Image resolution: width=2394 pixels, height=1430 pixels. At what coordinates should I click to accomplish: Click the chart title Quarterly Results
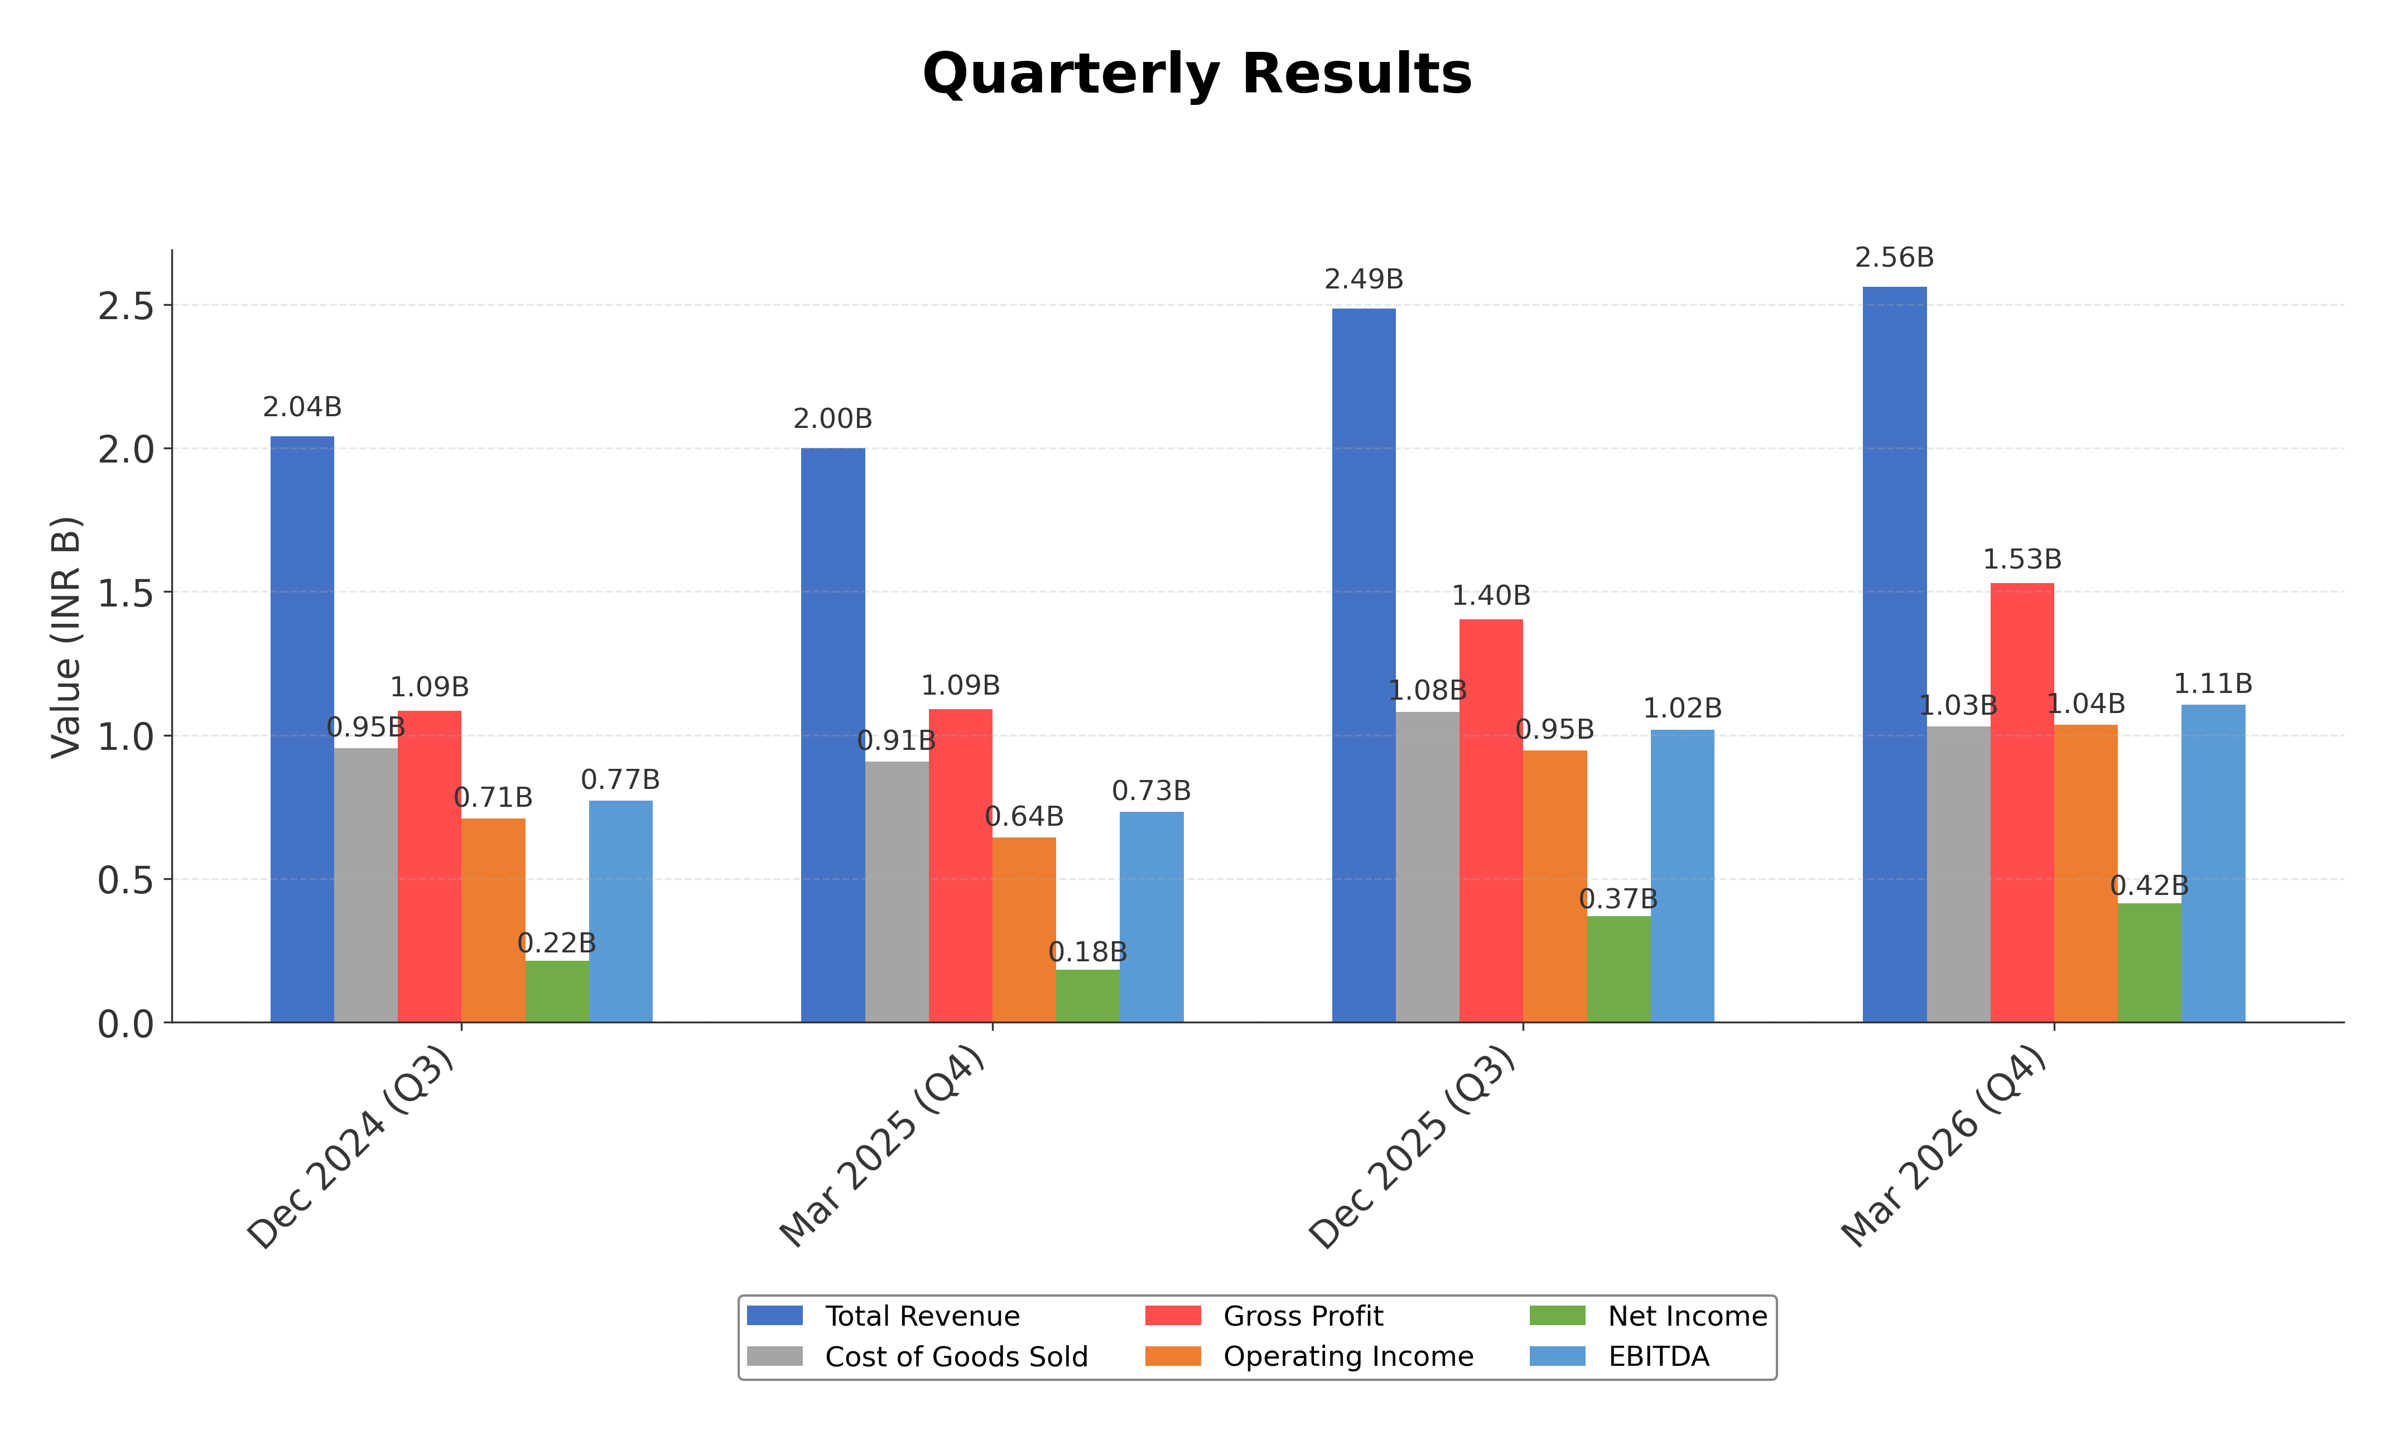coord(1197,74)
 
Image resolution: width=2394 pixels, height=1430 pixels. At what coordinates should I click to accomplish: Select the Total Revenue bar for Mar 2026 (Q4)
coord(1894,655)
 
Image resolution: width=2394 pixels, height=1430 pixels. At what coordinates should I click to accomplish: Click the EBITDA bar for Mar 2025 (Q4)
coord(1151,916)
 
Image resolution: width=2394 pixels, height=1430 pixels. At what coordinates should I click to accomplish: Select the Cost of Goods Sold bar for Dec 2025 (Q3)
coord(1427,867)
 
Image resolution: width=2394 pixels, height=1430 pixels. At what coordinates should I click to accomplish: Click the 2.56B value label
coord(1894,258)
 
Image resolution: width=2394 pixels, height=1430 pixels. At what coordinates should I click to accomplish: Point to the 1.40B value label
coord(1490,595)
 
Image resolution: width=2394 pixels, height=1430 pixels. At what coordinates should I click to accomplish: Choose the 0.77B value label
coord(620,779)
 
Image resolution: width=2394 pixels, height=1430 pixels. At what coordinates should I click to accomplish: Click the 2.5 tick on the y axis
coord(125,306)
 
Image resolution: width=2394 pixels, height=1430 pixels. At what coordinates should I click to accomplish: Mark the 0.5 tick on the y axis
coord(125,880)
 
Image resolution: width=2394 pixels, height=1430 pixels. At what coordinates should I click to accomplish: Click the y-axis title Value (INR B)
coord(65,638)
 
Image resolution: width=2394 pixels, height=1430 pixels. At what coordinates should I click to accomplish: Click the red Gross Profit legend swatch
coord(1172,1316)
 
